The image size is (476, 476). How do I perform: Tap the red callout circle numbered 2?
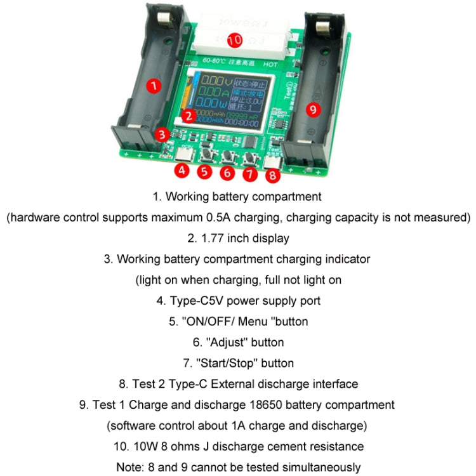[187, 115]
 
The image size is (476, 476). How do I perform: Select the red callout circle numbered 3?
[163, 134]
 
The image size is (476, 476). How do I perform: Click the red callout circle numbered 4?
[182, 170]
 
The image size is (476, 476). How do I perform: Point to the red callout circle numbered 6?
[227, 171]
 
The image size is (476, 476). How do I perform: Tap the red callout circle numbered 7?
[249, 171]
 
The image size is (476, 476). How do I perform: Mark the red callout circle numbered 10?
[234, 40]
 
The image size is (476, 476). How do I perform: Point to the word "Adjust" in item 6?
[229, 342]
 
